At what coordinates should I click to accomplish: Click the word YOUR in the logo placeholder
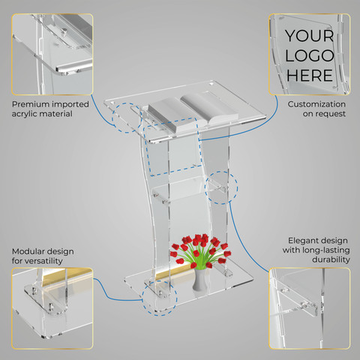(310, 36)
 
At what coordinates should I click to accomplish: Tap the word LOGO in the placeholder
(310, 55)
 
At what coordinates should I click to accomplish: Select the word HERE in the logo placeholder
(310, 75)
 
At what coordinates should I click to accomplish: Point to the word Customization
(316, 104)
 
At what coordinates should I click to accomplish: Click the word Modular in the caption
(28, 251)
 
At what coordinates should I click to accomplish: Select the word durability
(331, 259)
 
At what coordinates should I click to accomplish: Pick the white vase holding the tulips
(199, 280)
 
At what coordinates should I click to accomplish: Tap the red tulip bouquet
(200, 251)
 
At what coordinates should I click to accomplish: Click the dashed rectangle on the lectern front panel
(147, 150)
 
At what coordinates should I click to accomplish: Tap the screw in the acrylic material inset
(64, 31)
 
